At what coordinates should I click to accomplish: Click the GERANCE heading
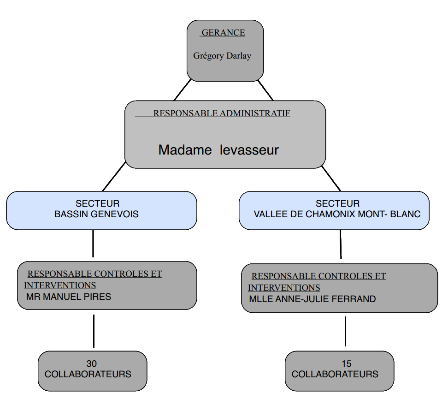223,33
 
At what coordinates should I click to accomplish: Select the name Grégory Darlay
222,56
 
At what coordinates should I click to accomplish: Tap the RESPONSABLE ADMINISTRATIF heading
221,113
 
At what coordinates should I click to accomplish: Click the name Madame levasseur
218,150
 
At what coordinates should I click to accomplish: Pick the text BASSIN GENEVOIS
96,214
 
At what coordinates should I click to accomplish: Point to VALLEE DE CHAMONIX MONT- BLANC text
337,214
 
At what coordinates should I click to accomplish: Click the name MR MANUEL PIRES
69,297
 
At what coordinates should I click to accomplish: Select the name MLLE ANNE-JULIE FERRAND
312,299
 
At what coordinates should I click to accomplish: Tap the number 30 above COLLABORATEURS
91,363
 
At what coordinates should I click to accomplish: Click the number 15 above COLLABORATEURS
347,363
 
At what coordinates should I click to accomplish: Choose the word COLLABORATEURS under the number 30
88,374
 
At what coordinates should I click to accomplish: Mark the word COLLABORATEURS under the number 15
335,374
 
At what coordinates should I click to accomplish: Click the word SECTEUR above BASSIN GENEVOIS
97,203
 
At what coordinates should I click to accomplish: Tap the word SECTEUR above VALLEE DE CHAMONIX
337,203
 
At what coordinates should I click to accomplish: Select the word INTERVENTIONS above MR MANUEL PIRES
60,285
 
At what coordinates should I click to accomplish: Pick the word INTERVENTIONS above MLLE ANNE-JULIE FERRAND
284,287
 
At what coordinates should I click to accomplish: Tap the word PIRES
98,297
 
